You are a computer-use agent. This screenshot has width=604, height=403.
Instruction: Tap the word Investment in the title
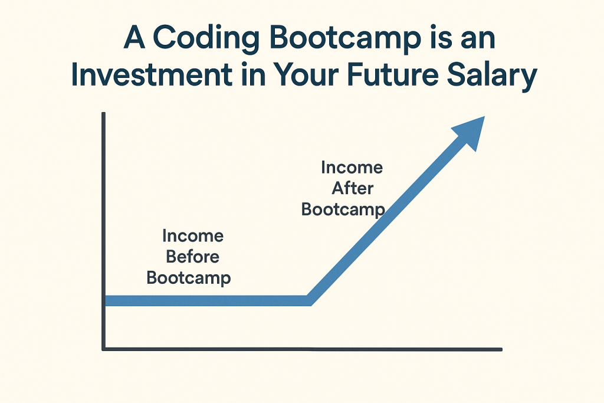tap(152, 75)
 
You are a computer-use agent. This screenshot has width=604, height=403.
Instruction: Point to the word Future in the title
tap(392, 75)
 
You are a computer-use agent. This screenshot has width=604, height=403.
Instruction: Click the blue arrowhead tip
tap(484, 116)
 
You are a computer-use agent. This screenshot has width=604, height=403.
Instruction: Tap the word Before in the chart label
tap(193, 257)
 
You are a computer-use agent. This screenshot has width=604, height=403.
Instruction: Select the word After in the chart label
tap(353, 188)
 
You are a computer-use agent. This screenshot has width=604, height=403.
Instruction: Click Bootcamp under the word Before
tap(189, 278)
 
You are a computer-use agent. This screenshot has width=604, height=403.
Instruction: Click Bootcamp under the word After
tap(343, 210)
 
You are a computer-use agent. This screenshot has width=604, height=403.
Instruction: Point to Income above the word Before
tap(193, 236)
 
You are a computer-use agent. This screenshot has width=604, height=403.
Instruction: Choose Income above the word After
tap(352, 168)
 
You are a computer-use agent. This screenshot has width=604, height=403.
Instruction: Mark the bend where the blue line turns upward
tap(309, 301)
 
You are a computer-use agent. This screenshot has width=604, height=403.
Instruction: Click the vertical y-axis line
tap(104, 231)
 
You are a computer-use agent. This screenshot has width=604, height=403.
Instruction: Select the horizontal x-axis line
tap(302, 349)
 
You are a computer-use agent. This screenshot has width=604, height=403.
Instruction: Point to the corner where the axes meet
tap(104, 349)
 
